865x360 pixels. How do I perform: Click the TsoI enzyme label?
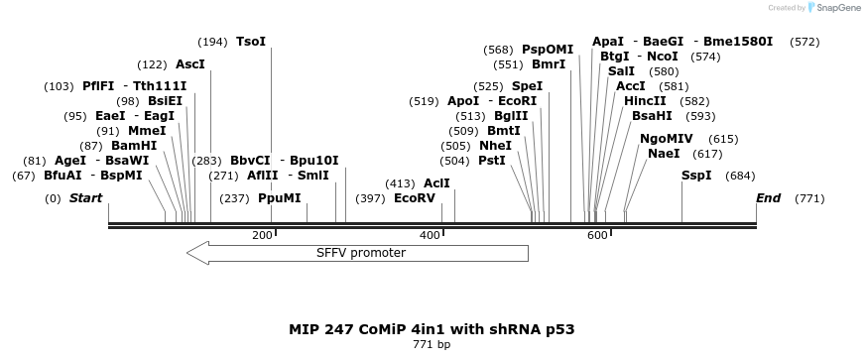(x=251, y=42)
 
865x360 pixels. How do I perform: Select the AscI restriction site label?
(x=190, y=64)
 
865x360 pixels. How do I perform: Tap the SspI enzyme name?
(x=696, y=176)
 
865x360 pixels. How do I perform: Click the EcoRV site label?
(x=415, y=198)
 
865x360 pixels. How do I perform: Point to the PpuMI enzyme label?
(x=279, y=198)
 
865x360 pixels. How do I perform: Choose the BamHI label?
(x=134, y=146)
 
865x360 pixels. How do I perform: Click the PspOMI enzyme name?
(x=548, y=50)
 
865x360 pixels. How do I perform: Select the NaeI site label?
(x=664, y=154)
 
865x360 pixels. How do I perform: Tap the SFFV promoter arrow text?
(x=361, y=253)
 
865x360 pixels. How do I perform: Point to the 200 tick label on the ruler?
(x=263, y=235)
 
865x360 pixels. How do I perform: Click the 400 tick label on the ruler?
(x=431, y=235)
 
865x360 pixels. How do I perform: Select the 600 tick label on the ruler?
(x=598, y=235)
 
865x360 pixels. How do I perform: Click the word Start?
(x=85, y=198)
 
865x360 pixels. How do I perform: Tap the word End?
(x=768, y=198)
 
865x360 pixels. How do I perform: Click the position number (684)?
(x=740, y=176)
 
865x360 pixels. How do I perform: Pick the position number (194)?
(x=212, y=42)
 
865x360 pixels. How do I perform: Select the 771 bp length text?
(x=432, y=345)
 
